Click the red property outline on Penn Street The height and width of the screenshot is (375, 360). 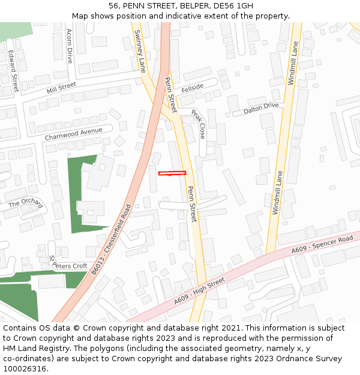172,174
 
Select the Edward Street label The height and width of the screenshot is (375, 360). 13,71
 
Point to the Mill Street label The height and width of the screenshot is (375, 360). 61,88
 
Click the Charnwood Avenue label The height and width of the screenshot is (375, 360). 78,133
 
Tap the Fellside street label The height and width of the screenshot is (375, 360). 193,87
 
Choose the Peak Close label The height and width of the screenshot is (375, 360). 199,124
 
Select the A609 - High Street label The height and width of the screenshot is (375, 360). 200,291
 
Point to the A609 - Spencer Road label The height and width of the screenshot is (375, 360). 322,244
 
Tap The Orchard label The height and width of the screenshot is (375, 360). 26,203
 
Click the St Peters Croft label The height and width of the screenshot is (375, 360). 68,263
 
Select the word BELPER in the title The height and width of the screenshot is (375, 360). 190,6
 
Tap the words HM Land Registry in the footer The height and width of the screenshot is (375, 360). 32,349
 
